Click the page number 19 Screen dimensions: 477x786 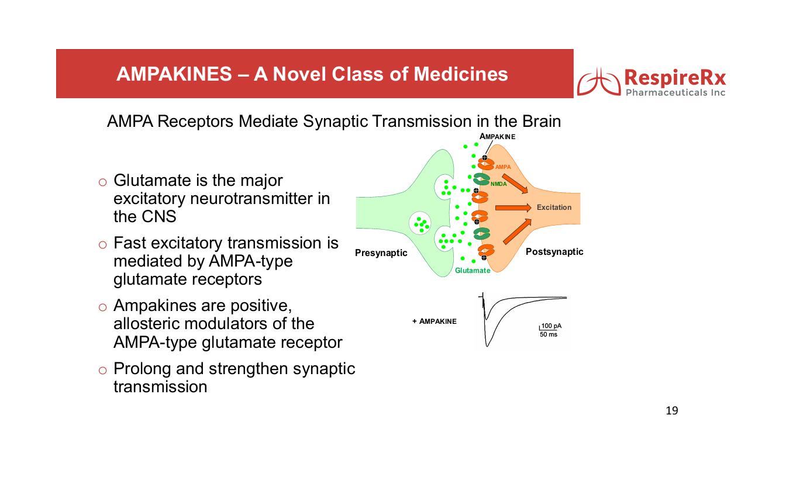pyautogui.click(x=672, y=410)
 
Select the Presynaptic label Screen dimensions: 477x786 pyautogui.click(x=381, y=253)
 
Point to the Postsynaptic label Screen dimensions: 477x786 pyautogui.click(x=554, y=251)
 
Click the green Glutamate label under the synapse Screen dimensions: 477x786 pyautogui.click(x=473, y=271)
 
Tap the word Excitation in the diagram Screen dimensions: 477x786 pyautogui.click(x=554, y=208)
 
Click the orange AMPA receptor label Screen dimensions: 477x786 pyautogui.click(x=503, y=167)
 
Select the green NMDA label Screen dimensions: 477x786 pyautogui.click(x=498, y=185)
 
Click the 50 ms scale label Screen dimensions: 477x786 pyautogui.click(x=548, y=334)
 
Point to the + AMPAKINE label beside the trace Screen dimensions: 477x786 pyautogui.click(x=434, y=321)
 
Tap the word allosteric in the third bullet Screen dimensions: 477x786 pyautogui.click(x=149, y=324)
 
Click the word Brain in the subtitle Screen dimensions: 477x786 pyautogui.click(x=542, y=122)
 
